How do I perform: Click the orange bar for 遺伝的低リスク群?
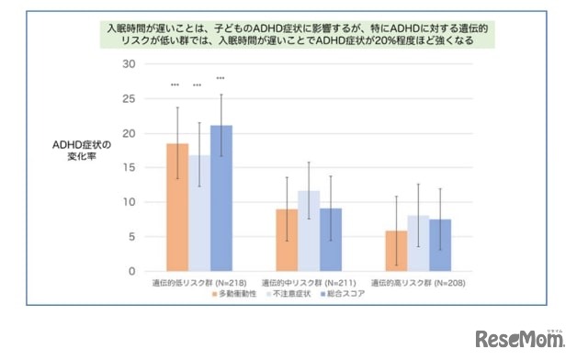click(177, 208)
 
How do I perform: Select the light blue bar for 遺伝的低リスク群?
click(199, 213)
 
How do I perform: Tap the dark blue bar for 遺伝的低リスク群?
click(221, 198)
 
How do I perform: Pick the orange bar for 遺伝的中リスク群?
click(287, 240)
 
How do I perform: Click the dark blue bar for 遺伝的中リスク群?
click(331, 240)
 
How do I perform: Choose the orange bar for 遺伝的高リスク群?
click(396, 251)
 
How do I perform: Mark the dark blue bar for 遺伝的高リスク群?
click(440, 245)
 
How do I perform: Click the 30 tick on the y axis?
click(129, 64)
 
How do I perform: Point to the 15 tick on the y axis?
click(129, 167)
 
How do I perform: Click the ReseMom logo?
click(518, 338)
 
